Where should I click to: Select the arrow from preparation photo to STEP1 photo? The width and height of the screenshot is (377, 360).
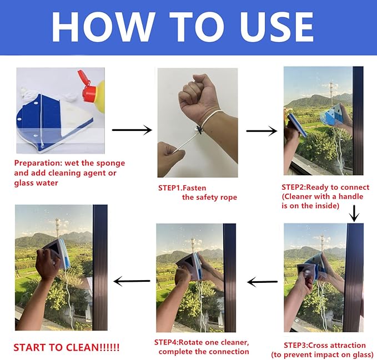click(x=132, y=130)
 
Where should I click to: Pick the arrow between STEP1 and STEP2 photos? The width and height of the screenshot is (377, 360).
click(x=261, y=131)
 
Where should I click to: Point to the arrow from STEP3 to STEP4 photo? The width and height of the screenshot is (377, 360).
click(x=262, y=282)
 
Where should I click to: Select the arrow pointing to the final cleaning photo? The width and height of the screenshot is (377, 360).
click(x=132, y=281)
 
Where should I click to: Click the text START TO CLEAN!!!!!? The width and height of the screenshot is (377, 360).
click(x=66, y=348)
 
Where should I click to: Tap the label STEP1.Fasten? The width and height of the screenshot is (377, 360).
click(x=182, y=188)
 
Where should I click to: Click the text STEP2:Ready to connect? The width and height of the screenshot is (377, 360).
click(x=325, y=187)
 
